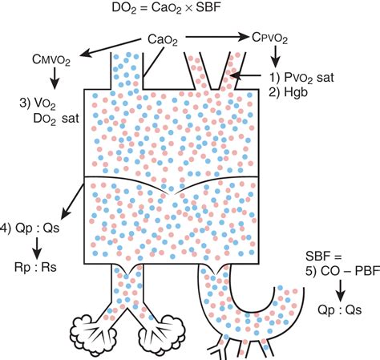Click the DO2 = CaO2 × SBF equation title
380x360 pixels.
166,8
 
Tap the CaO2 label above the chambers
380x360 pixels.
163,40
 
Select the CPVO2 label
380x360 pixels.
269,38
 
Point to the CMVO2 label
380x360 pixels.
51,60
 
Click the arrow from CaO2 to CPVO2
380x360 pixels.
217,37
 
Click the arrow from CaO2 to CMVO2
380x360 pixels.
110,47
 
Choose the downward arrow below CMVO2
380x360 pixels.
55,79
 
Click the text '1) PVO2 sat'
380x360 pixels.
301,78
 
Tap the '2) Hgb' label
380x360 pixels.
288,92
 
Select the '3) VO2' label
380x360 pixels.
38,103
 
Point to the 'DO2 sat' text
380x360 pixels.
56,119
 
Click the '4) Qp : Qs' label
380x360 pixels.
30,229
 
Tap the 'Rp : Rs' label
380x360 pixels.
35,267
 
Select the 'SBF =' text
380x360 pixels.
324,257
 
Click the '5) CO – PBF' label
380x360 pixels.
342,271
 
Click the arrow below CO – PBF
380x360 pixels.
340,290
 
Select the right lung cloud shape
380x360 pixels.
162,335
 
